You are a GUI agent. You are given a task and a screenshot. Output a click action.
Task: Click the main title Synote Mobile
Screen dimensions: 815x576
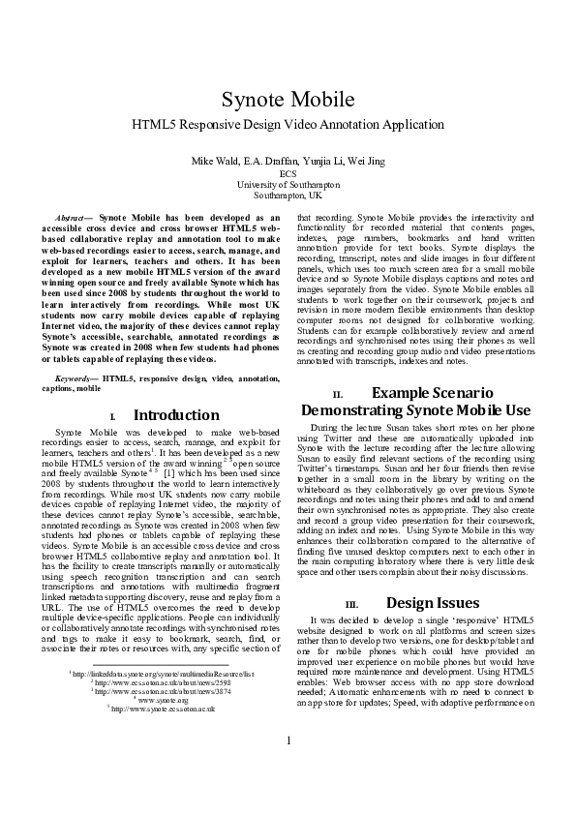pyautogui.click(x=288, y=100)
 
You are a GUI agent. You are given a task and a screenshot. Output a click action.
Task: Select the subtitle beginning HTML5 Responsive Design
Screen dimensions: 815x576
pyautogui.click(x=288, y=125)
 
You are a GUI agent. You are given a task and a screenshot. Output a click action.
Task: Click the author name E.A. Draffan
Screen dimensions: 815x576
pyautogui.click(x=264, y=159)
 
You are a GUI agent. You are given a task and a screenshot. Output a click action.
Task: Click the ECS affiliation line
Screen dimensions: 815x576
pyautogui.click(x=288, y=172)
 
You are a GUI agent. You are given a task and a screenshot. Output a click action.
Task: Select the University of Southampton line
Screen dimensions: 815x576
pyautogui.click(x=288, y=183)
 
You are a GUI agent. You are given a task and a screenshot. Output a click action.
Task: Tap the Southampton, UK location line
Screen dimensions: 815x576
pyautogui.click(x=288, y=194)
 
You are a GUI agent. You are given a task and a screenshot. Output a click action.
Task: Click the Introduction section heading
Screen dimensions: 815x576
pyautogui.click(x=175, y=415)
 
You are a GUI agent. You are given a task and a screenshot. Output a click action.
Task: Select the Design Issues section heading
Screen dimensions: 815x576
pyautogui.click(x=431, y=602)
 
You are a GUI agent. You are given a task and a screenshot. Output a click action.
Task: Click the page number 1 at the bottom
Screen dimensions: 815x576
pyautogui.click(x=288, y=768)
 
